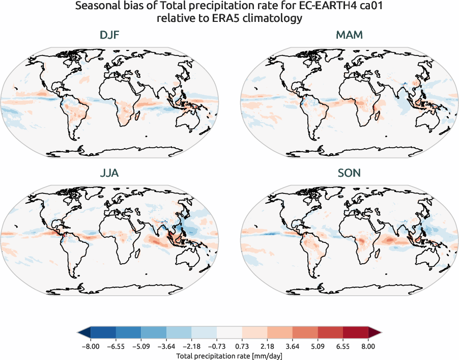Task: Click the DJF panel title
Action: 110,36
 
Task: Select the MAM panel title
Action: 349,36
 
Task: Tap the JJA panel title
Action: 110,173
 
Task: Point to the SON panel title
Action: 349,173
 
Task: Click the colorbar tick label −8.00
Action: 90,346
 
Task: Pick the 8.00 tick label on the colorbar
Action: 368,346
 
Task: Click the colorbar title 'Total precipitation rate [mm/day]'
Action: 229,356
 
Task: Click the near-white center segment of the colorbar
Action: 229,333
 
